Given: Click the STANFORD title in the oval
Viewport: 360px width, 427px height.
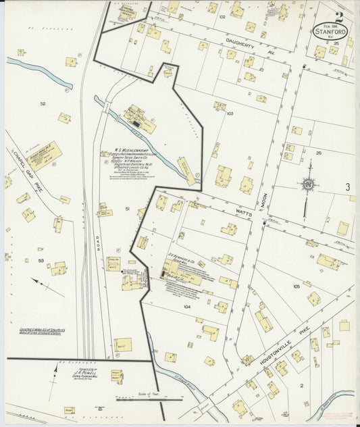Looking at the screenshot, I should pyautogui.click(x=331, y=30).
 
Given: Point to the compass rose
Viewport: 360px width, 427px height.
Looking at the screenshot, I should pyautogui.click(x=309, y=183).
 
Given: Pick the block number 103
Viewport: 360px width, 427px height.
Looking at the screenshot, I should pyautogui.click(x=230, y=114).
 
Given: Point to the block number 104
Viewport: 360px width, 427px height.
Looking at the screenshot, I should pyautogui.click(x=186, y=307).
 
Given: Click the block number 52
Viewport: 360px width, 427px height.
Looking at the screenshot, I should pyautogui.click(x=43, y=103).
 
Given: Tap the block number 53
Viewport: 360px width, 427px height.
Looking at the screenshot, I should pyautogui.click(x=41, y=260).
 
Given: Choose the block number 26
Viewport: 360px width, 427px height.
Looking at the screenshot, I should pyautogui.click(x=318, y=153).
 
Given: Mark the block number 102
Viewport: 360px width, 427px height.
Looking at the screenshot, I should pyautogui.click(x=222, y=16).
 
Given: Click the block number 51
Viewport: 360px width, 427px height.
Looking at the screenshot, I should pyautogui.click(x=127, y=209).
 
